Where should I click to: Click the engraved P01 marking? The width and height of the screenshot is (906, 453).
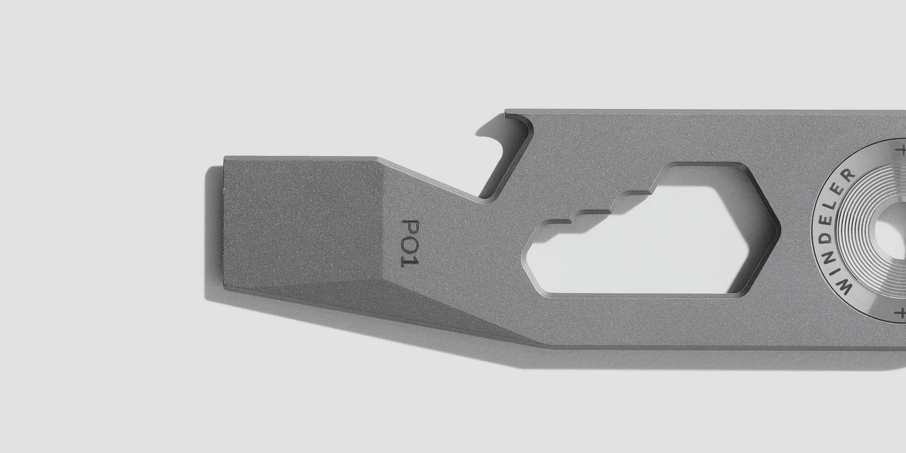pyautogui.click(x=410, y=243)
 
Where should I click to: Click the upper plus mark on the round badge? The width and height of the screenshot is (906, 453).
pyautogui.click(x=901, y=151)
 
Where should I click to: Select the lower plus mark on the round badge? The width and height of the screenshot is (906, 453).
pyautogui.click(x=901, y=313)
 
